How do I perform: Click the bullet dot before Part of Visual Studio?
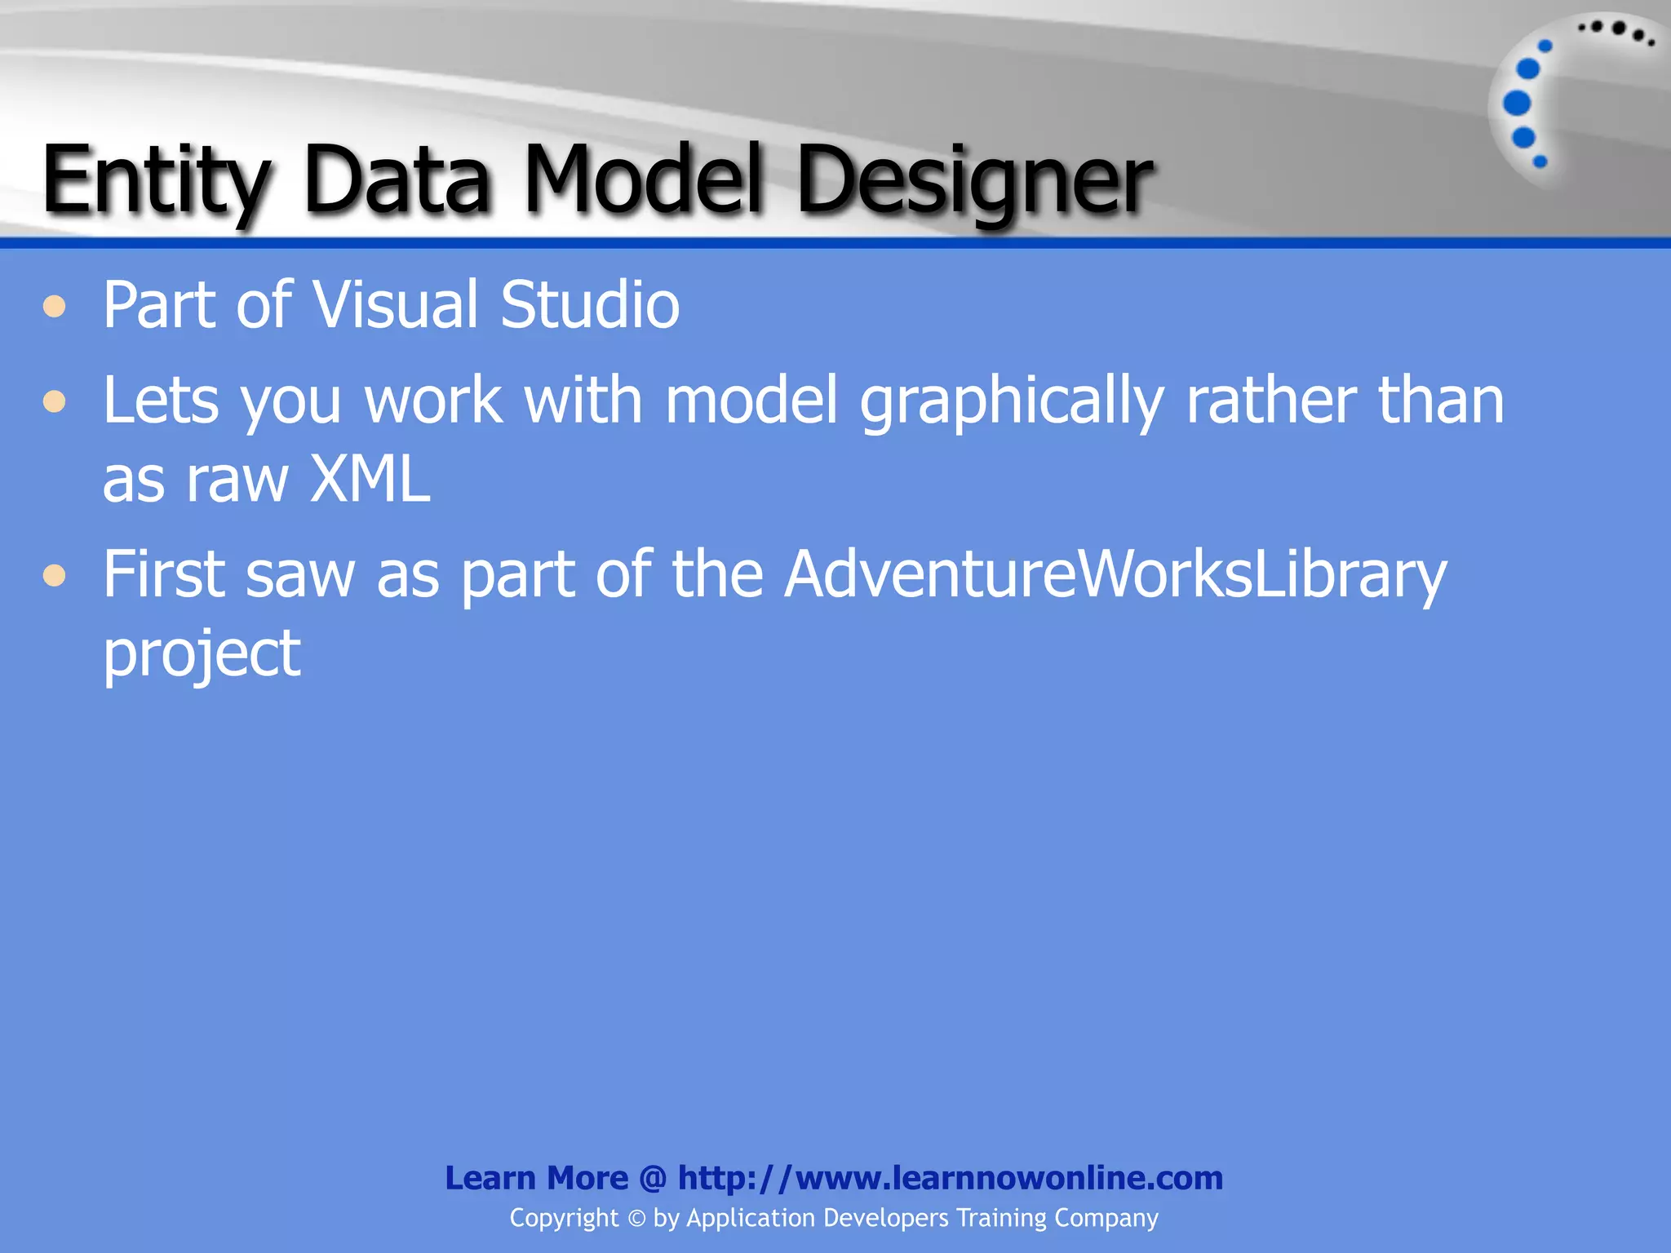tap(55, 307)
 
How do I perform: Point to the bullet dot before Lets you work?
tap(55, 401)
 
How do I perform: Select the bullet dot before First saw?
tap(55, 576)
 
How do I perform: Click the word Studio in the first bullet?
tap(590, 305)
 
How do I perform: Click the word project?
tap(202, 654)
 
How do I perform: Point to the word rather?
tap(1271, 401)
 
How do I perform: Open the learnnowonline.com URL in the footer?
tap(951, 1178)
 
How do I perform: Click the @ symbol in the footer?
tap(653, 1178)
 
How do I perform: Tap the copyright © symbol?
tap(636, 1219)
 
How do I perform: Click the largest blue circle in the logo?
tap(1517, 104)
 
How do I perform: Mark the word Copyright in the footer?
tap(564, 1218)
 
